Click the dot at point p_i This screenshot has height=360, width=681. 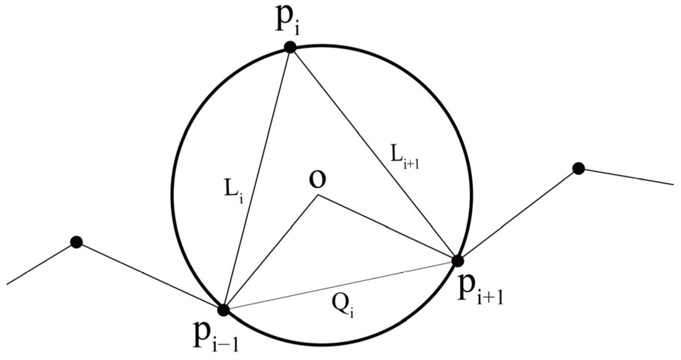pos(290,47)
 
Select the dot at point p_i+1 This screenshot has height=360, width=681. pos(457,261)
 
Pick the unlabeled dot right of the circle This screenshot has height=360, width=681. pos(578,168)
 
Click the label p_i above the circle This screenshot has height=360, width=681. pos(287,21)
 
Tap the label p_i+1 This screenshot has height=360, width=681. pos(481,292)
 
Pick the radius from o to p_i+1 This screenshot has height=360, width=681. pos(387,228)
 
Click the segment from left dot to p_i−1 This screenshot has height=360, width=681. pos(149,276)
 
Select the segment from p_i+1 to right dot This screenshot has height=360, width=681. pos(518,215)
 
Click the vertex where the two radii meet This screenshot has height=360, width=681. pos(317,196)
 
